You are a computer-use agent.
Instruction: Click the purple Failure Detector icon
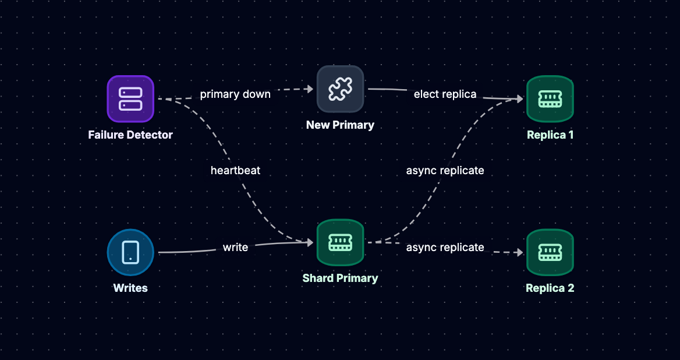[130, 99]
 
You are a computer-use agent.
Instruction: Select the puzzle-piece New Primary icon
[340, 89]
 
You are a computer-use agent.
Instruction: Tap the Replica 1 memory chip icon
[550, 99]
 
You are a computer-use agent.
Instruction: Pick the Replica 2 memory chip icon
[550, 252]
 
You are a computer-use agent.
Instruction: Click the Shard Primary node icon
[340, 242]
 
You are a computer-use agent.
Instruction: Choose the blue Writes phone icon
[130, 252]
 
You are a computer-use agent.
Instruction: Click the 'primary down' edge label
[235, 94]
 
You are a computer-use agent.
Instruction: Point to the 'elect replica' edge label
[445, 94]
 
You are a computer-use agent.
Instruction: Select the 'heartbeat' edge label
[235, 171]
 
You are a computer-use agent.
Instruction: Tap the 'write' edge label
[235, 247]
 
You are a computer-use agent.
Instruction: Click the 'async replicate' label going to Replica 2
[445, 247]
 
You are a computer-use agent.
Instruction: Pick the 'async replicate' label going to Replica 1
[445, 171]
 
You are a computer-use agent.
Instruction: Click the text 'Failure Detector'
[130, 135]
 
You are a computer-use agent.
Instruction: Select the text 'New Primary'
[340, 125]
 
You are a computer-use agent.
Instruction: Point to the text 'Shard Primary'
[340, 278]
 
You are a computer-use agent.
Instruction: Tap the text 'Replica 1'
[550, 135]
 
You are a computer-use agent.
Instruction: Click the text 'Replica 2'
[550, 288]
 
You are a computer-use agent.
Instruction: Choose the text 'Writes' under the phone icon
[130, 288]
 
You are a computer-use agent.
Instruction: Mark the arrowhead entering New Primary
[310, 89]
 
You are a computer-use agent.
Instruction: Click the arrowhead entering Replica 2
[519, 252]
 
